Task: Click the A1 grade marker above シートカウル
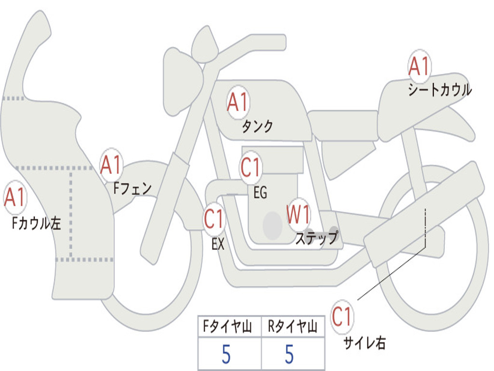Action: pos(419,66)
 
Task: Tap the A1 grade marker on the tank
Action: pos(238,102)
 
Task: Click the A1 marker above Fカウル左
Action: pos(15,197)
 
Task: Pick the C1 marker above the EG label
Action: pos(250,167)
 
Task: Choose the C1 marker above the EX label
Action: pos(214,219)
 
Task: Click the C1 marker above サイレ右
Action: pos(342,316)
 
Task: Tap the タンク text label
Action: pos(257,127)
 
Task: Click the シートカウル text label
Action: pos(440,89)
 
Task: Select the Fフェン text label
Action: pos(132,188)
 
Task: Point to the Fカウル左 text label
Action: pos(36,223)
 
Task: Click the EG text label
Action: pos(260,192)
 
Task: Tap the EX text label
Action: pos(218,244)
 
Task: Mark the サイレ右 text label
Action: pos(365,342)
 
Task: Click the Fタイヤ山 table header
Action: pos(228,326)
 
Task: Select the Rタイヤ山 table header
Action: pos(292,326)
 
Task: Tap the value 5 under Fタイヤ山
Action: pos(226,354)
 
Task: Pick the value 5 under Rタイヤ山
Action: pos(289,354)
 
